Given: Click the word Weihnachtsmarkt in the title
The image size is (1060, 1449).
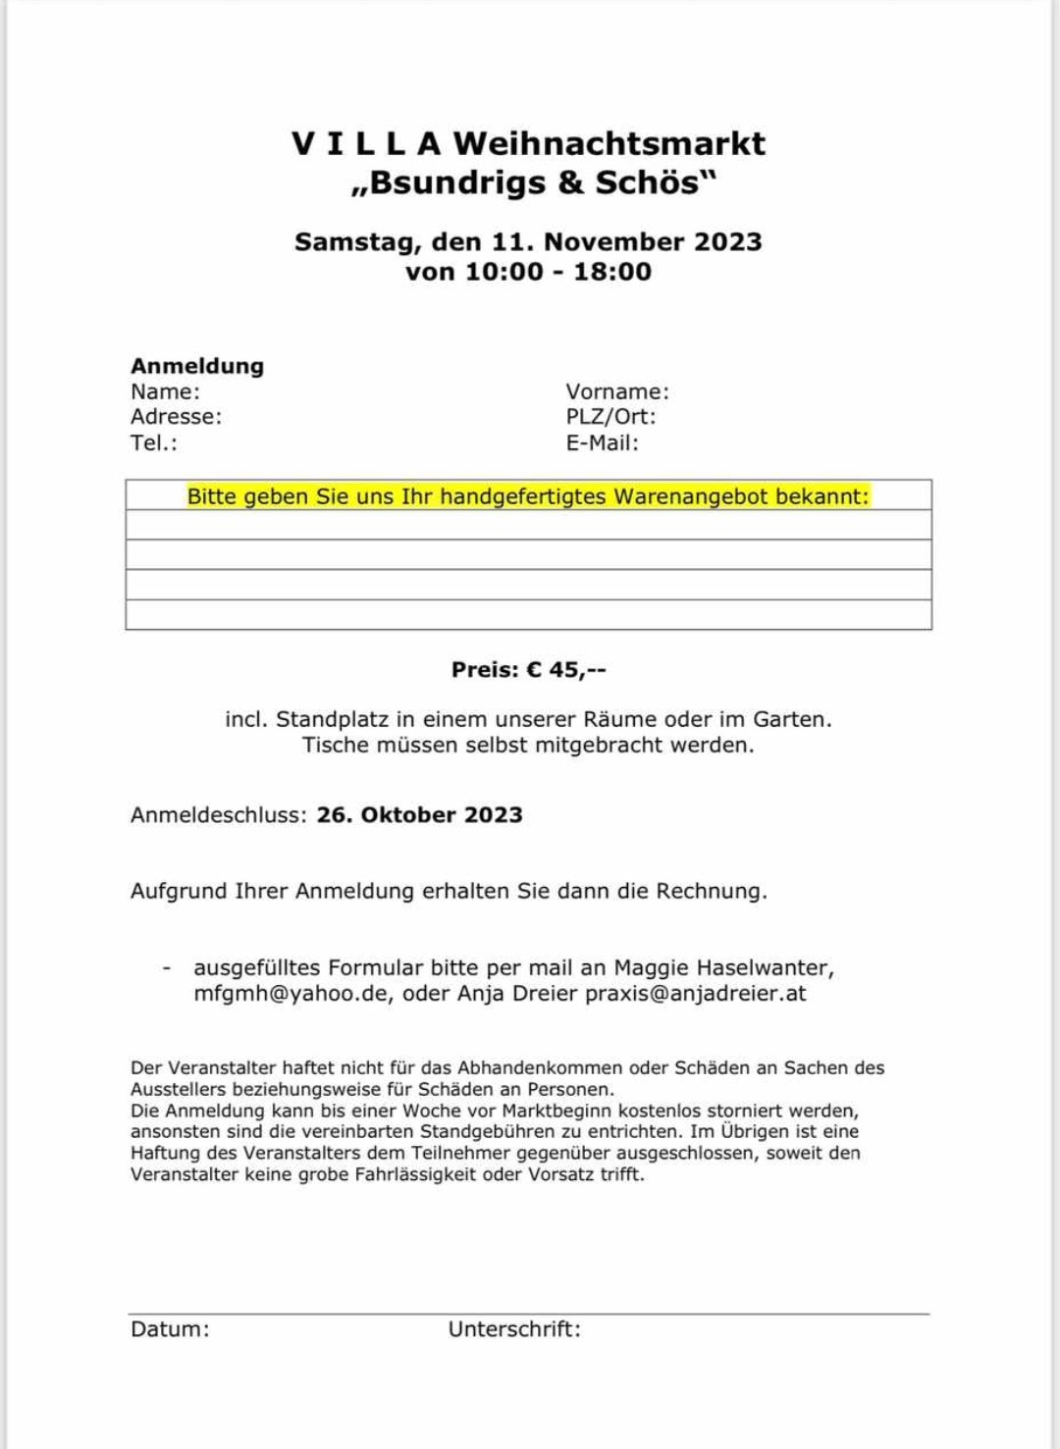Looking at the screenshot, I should pyautogui.click(x=609, y=144).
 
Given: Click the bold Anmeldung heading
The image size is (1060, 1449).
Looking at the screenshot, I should pyautogui.click(x=197, y=366).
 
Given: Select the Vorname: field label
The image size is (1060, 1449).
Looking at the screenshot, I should pyautogui.click(x=617, y=391).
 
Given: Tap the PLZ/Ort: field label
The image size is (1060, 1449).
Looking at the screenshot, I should pyautogui.click(x=610, y=416).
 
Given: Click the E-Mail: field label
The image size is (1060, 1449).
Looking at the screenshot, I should pyautogui.click(x=602, y=442).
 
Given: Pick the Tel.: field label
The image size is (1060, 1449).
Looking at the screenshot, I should pyautogui.click(x=154, y=442).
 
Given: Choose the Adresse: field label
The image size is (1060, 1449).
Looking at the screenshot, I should pyautogui.click(x=177, y=416).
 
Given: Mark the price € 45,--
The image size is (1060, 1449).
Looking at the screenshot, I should pyautogui.click(x=566, y=670).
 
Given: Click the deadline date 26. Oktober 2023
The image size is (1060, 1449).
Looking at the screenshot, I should pyautogui.click(x=419, y=815).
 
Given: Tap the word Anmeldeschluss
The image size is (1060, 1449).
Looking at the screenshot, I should pyautogui.click(x=218, y=815).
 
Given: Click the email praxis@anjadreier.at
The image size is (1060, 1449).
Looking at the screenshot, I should pyautogui.click(x=695, y=994).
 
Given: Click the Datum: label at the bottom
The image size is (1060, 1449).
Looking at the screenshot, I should pyautogui.click(x=170, y=1329).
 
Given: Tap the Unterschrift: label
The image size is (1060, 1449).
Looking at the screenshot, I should pyautogui.click(x=514, y=1329).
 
